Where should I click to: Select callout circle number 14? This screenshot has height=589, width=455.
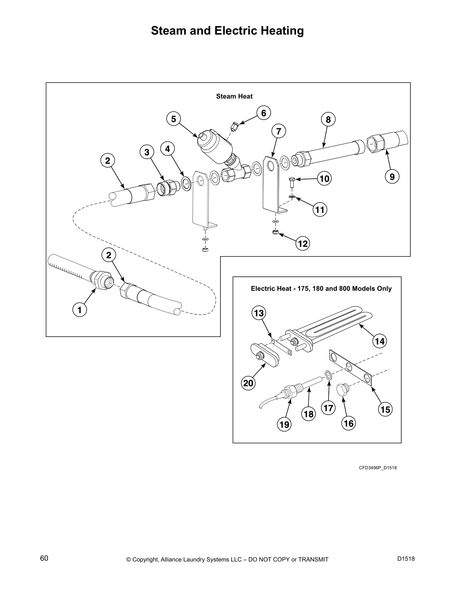380,341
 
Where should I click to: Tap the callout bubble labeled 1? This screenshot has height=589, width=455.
79,309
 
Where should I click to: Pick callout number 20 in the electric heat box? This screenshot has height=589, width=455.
248,383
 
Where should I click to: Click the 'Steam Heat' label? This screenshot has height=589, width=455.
234,96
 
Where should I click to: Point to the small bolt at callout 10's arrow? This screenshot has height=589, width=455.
292,181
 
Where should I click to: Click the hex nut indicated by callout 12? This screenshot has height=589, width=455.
274,232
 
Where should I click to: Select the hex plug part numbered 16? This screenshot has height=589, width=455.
342,391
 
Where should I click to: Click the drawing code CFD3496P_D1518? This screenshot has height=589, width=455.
377,467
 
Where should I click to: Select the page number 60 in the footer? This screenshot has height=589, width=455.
44,558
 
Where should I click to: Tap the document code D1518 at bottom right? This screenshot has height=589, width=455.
406,559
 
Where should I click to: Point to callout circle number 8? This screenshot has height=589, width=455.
328,120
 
